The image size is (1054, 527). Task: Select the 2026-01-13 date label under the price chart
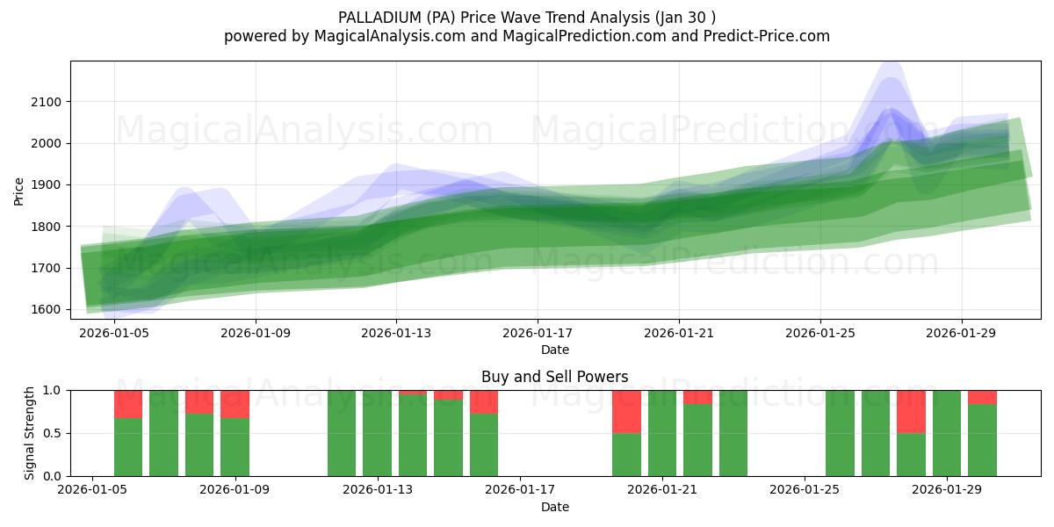tap(396, 334)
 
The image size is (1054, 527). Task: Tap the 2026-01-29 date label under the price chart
tap(961, 334)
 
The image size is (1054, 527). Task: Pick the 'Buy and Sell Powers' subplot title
tap(554, 377)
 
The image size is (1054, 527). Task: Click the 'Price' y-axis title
tap(19, 190)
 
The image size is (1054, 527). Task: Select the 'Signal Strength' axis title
tap(30, 433)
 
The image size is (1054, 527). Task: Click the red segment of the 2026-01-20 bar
tap(626, 411)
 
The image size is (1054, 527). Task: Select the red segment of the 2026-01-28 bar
tap(911, 411)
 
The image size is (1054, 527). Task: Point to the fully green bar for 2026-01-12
tap(342, 433)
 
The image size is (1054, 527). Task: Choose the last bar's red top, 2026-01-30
tap(982, 397)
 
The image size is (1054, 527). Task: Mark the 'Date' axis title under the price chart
tap(554, 350)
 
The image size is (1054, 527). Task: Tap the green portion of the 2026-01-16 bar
tap(484, 444)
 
